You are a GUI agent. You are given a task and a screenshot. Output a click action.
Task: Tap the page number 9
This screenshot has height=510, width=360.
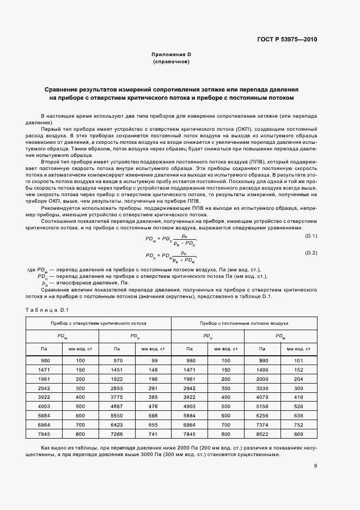point(315,465)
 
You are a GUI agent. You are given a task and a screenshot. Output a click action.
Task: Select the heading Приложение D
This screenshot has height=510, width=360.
point(171,55)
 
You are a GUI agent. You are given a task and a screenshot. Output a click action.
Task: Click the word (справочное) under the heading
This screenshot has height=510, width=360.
point(171,62)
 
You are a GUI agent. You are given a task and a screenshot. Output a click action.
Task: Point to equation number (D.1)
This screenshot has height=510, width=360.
point(311,220)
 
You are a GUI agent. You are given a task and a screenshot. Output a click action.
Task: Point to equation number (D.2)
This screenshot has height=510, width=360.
point(311,238)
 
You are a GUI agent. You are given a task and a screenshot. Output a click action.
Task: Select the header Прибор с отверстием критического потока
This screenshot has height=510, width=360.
point(99,323)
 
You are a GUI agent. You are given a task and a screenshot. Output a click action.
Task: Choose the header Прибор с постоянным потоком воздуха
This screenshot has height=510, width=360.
point(244,323)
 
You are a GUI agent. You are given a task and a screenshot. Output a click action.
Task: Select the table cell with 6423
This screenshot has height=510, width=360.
point(117,424)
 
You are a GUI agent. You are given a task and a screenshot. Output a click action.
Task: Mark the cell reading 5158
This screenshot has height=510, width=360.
point(262,406)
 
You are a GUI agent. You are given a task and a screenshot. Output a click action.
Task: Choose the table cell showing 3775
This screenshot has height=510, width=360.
point(117,397)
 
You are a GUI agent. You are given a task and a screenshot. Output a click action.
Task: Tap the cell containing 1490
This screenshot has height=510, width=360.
point(262,369)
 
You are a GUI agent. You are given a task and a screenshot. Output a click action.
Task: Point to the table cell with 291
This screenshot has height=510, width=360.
point(154,387)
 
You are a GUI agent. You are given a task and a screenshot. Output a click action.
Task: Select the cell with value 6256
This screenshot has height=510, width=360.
point(262,415)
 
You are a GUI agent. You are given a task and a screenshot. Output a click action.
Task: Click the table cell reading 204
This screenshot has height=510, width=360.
point(298,379)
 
